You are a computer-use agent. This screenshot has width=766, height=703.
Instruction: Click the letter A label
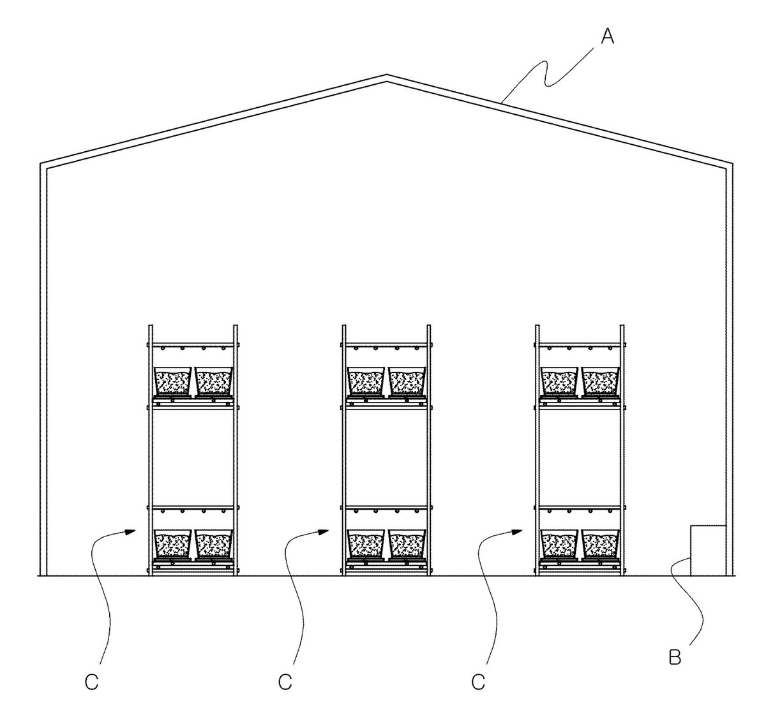608,38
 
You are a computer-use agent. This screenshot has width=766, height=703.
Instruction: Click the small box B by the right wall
708,550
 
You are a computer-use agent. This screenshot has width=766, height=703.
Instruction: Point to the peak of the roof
386,75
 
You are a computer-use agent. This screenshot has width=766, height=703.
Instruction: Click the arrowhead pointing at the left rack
131,531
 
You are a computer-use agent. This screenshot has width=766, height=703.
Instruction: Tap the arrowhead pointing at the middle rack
324,531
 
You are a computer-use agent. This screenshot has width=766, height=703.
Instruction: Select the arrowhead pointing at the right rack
518,531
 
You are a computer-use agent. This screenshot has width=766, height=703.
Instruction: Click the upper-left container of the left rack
172,381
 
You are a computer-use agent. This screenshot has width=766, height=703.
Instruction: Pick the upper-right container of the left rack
214,381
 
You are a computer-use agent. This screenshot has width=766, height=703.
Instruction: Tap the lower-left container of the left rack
172,544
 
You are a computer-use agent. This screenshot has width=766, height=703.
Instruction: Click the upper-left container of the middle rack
365,381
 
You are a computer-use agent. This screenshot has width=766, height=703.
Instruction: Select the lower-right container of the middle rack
407,544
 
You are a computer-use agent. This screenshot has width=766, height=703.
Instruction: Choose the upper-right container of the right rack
600,381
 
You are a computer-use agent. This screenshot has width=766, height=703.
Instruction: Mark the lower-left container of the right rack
559,544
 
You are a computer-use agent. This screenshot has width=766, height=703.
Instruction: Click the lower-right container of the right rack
600,544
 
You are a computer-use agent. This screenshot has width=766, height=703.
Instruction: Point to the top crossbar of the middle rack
386,345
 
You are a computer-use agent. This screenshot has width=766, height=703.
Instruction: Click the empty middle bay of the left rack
193,457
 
